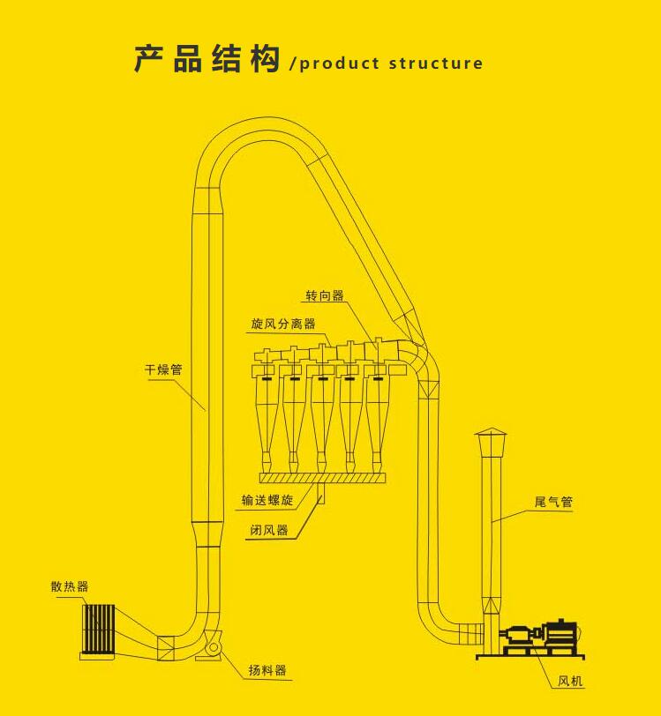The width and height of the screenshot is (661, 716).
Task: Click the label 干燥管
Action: click(x=163, y=370)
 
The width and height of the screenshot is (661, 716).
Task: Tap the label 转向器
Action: click(x=325, y=295)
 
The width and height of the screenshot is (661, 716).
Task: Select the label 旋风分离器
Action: click(x=282, y=324)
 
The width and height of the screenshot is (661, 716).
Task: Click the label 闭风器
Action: click(x=269, y=530)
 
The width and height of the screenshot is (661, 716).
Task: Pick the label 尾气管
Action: click(x=553, y=502)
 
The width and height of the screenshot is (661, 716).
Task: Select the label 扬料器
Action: click(x=267, y=670)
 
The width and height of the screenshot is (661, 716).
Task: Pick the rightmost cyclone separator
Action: click(x=377, y=406)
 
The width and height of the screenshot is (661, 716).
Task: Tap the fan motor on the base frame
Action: click(x=559, y=633)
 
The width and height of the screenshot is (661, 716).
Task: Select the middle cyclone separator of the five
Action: click(x=322, y=406)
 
